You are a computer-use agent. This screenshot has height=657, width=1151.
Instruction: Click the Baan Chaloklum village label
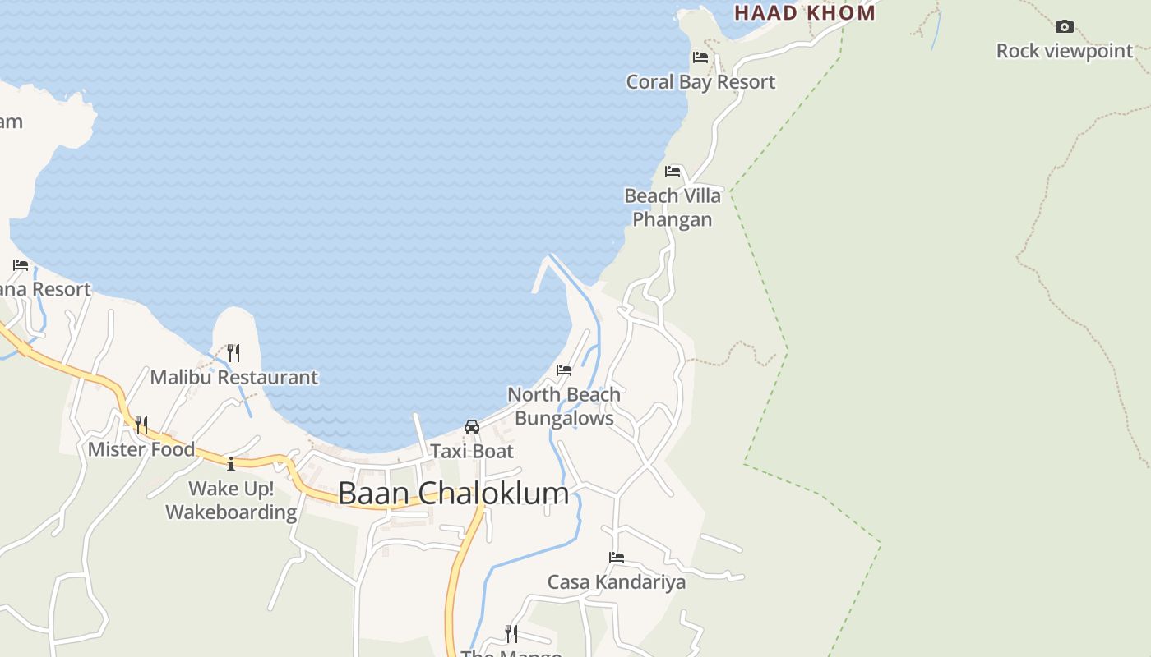pyautogui.click(x=453, y=493)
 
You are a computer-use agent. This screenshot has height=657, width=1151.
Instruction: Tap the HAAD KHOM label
pyautogui.click(x=805, y=12)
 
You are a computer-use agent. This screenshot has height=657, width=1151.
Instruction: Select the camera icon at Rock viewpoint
pyautogui.click(x=1065, y=26)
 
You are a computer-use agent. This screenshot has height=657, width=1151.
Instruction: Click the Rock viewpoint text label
pyautogui.click(x=1065, y=51)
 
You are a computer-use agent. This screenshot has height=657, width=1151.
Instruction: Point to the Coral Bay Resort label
pyautogui.click(x=700, y=82)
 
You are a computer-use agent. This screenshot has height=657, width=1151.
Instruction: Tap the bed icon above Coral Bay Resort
pyautogui.click(x=700, y=57)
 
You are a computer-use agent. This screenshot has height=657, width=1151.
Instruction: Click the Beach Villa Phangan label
pyautogui.click(x=673, y=207)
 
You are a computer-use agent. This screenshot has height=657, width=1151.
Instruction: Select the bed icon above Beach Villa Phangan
pyautogui.click(x=673, y=172)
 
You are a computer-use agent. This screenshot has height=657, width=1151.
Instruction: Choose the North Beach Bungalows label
pyautogui.click(x=564, y=406)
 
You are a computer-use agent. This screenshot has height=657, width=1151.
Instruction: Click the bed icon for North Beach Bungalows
pyautogui.click(x=564, y=370)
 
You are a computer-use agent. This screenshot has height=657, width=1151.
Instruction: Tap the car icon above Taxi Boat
pyautogui.click(x=472, y=427)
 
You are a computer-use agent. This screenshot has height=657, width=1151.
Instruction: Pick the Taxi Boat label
pyautogui.click(x=472, y=451)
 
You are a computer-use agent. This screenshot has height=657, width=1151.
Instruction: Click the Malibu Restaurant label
pyautogui.click(x=233, y=378)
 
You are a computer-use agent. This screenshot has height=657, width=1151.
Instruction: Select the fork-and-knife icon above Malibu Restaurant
pyautogui.click(x=233, y=353)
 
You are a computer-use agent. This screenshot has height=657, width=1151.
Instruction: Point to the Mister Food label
pyautogui.click(x=141, y=449)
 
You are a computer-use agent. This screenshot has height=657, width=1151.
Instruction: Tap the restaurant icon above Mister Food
pyautogui.click(x=141, y=425)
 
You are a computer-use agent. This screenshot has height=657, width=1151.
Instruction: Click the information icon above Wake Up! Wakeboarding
pyautogui.click(x=231, y=464)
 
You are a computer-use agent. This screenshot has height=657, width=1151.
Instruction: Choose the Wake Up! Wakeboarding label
pyautogui.click(x=231, y=500)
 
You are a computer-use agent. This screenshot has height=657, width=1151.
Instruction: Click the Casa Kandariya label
pyautogui.click(x=617, y=582)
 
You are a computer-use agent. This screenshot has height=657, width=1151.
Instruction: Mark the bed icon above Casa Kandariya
pyautogui.click(x=617, y=558)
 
